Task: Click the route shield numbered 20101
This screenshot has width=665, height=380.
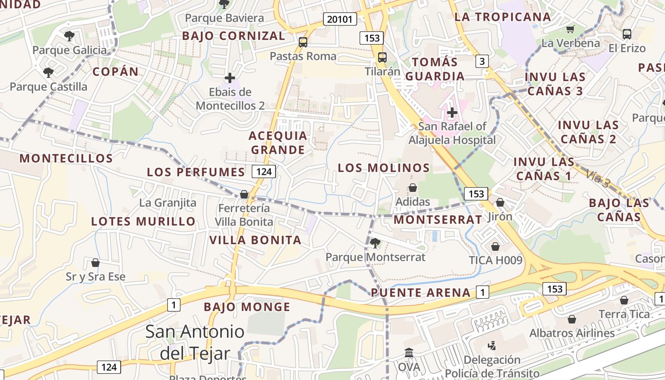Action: (x=340, y=19)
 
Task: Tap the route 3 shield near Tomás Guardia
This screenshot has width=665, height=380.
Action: (x=482, y=61)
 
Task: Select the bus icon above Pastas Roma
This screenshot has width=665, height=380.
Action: (x=303, y=42)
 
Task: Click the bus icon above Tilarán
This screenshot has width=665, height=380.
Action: (x=382, y=57)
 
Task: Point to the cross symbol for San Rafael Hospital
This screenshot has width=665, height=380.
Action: (x=452, y=113)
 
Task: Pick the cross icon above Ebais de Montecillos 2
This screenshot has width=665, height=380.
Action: (x=230, y=77)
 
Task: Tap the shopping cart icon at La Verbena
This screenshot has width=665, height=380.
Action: (x=570, y=29)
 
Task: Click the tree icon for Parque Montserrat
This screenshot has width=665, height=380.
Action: (x=375, y=243)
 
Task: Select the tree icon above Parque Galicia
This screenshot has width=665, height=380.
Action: (x=69, y=36)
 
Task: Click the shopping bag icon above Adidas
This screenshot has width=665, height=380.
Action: (x=413, y=188)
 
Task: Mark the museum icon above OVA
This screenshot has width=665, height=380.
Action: (x=409, y=353)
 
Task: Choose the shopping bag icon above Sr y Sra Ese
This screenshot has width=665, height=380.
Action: (x=95, y=263)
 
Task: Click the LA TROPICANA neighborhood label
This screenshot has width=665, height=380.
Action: (x=503, y=17)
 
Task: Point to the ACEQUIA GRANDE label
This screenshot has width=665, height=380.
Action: (x=278, y=142)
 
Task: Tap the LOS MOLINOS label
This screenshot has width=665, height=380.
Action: (x=384, y=168)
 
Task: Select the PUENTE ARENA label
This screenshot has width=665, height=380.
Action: (x=421, y=293)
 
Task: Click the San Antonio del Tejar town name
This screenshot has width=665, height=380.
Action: (x=195, y=342)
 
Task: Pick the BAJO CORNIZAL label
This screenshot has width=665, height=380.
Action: (x=234, y=36)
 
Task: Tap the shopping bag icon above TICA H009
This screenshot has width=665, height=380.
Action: (x=495, y=247)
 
